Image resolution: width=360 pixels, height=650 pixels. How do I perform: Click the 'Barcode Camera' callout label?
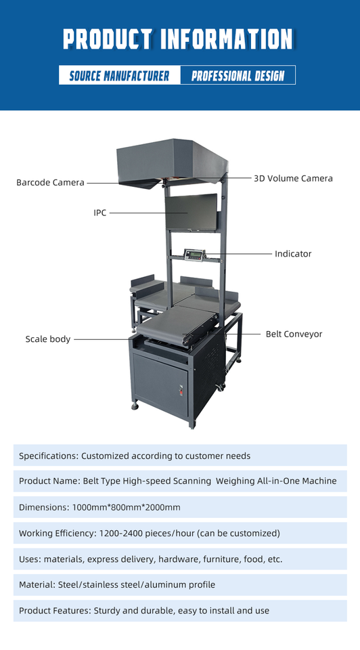click(50, 182)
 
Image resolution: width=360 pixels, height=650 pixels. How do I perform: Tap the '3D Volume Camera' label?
click(293, 178)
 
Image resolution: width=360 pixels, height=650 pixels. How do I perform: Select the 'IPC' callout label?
click(100, 213)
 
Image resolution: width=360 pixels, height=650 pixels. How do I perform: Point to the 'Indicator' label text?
click(293, 254)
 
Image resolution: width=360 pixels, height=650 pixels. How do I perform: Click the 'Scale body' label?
click(48, 339)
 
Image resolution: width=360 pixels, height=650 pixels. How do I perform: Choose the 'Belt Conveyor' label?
click(294, 334)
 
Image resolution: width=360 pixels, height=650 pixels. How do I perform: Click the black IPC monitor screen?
click(192, 212)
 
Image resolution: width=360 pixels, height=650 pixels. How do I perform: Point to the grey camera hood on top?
click(172, 162)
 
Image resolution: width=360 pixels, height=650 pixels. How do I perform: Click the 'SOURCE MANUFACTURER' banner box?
click(120, 75)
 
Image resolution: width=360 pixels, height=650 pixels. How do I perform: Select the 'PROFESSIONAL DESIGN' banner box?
click(238, 75)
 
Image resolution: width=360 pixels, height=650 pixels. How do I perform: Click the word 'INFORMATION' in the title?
click(226, 39)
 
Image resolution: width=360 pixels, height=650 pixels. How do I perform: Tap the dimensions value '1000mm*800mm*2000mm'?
click(127, 507)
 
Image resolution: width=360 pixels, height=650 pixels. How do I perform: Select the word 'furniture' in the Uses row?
click(222, 559)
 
